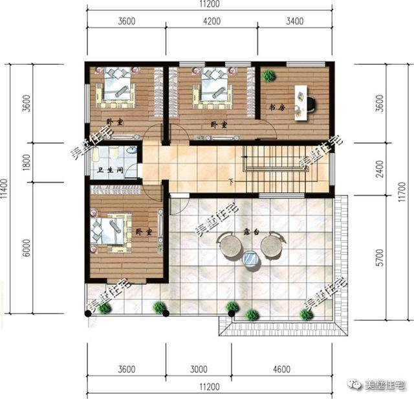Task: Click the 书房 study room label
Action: (x=278, y=108)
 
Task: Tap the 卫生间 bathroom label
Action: (x=109, y=172)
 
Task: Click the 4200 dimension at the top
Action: (x=211, y=21)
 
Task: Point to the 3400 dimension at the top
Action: (x=294, y=21)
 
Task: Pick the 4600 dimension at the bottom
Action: (x=281, y=370)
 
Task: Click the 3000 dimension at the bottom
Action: (x=199, y=370)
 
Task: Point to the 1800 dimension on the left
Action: (x=27, y=163)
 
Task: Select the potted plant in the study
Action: (x=268, y=76)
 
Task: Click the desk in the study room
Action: (x=301, y=102)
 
